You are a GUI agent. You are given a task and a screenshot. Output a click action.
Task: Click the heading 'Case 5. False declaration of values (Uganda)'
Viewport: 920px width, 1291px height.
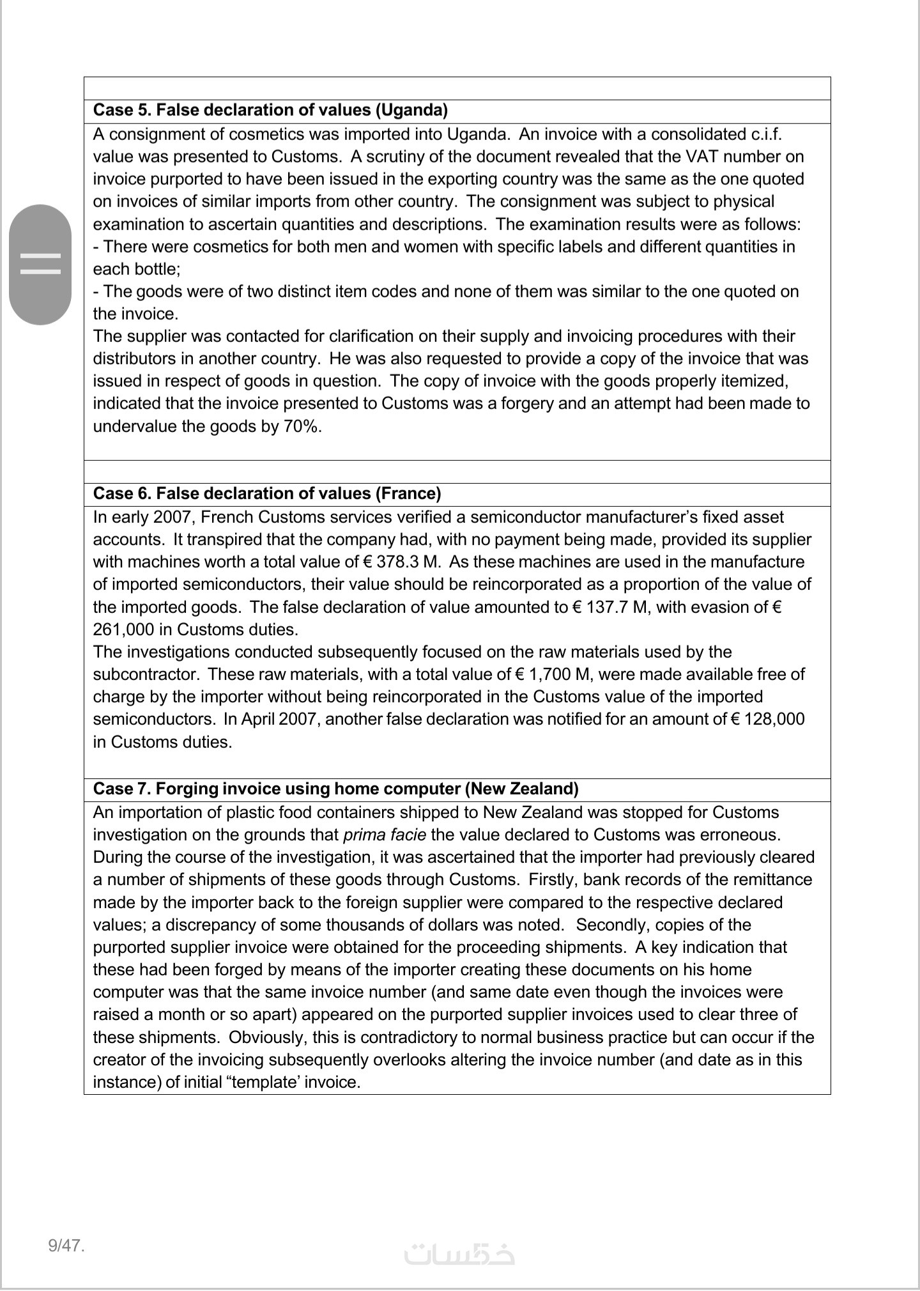point(270,110)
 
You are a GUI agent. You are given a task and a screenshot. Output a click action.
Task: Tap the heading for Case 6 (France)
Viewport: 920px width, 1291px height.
point(267,493)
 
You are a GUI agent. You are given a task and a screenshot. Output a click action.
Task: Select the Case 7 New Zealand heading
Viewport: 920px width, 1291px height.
point(335,789)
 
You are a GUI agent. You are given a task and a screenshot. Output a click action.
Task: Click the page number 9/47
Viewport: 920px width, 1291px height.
point(66,1245)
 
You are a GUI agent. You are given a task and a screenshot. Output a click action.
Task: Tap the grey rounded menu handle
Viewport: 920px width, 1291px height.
point(40,264)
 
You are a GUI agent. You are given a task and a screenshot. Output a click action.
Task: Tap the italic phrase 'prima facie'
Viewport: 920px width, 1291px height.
point(385,835)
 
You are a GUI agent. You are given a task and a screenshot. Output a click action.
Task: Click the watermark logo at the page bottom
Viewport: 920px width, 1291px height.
point(459,1254)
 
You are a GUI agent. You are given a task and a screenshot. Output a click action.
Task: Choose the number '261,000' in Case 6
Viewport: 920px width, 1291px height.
point(123,630)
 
